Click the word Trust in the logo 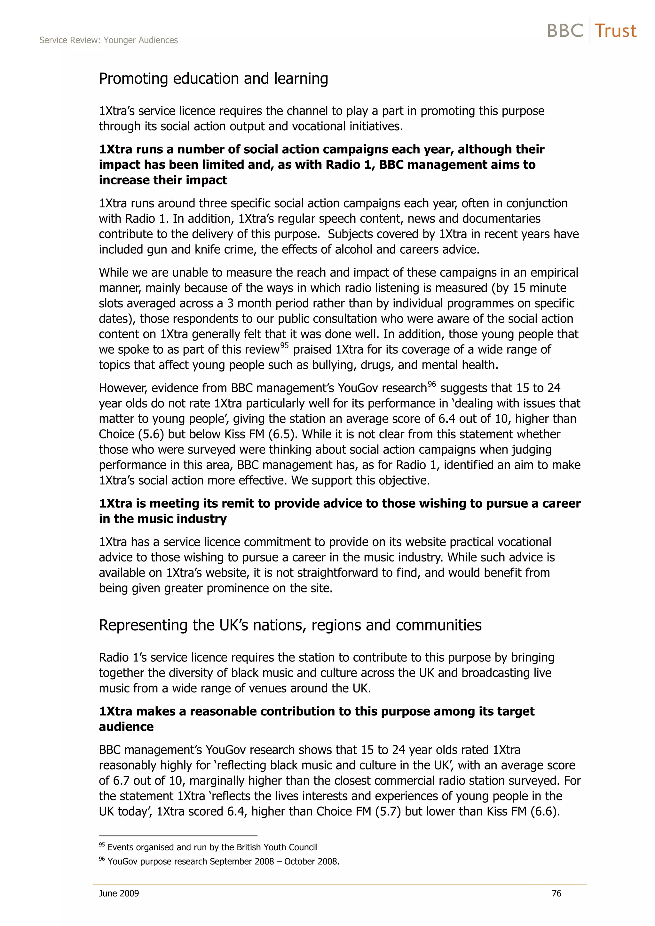[615, 31]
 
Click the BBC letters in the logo [565, 31]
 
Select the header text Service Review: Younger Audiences [108, 40]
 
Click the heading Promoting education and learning [213, 79]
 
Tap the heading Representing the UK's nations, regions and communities [290, 625]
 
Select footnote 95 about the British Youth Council [208, 847]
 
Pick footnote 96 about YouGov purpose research [219, 861]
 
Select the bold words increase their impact [163, 180]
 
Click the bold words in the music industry [163, 519]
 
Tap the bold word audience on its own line [126, 727]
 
